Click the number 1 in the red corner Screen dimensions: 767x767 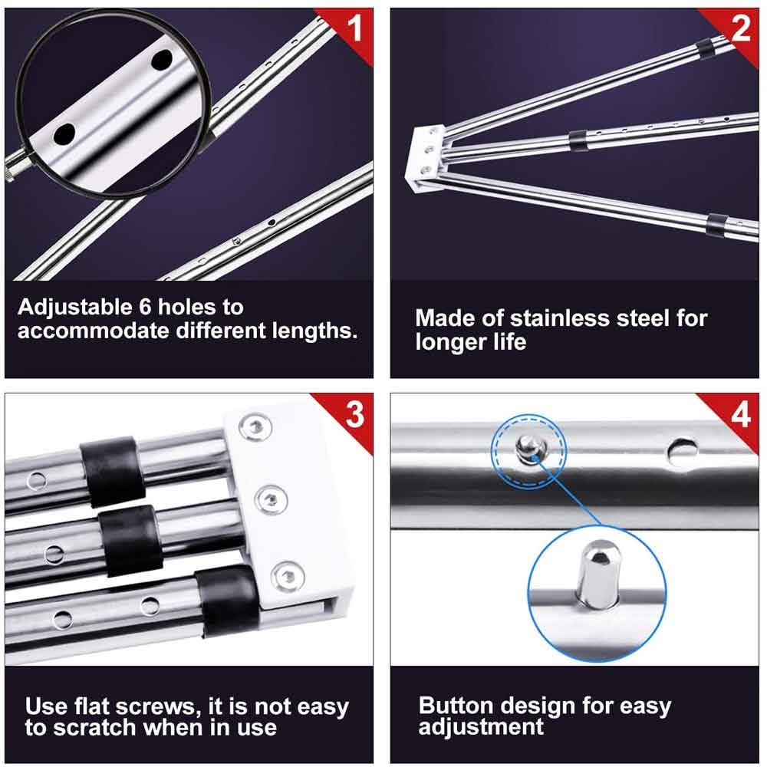(x=354, y=28)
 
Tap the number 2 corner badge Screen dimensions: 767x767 (x=741, y=28)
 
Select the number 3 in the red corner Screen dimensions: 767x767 (x=354, y=414)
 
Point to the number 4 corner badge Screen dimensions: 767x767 (x=741, y=415)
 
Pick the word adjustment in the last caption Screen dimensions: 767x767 (x=481, y=727)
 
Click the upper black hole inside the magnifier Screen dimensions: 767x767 (x=161, y=60)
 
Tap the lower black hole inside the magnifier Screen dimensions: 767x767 (x=64, y=134)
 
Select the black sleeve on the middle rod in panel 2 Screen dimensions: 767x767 (x=578, y=140)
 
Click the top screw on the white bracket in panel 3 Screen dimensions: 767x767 (x=255, y=427)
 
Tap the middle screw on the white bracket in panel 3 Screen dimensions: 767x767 (x=271, y=499)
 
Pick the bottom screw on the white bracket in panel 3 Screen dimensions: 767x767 (x=288, y=577)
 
